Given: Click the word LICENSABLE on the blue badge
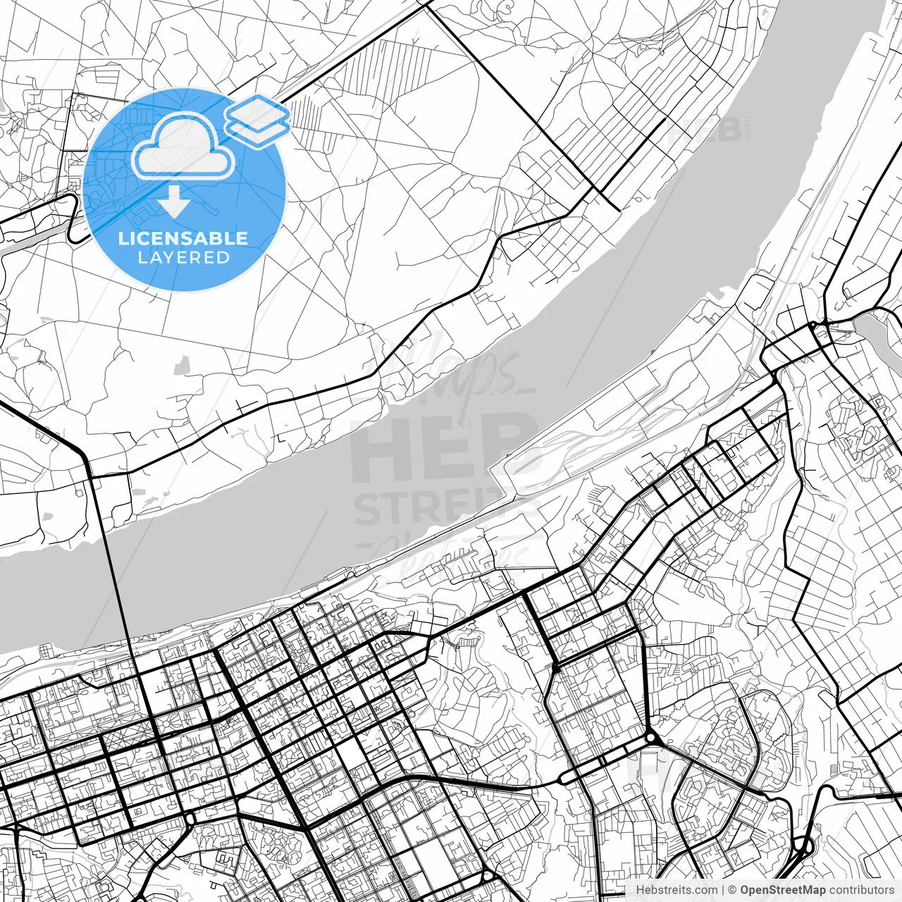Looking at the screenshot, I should [x=183, y=238].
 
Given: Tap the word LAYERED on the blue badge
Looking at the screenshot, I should [x=183, y=258].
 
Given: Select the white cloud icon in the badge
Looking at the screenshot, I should [x=183, y=146].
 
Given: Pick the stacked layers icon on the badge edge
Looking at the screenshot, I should [x=257, y=121].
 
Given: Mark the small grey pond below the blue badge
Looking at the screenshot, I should [x=182, y=364].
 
